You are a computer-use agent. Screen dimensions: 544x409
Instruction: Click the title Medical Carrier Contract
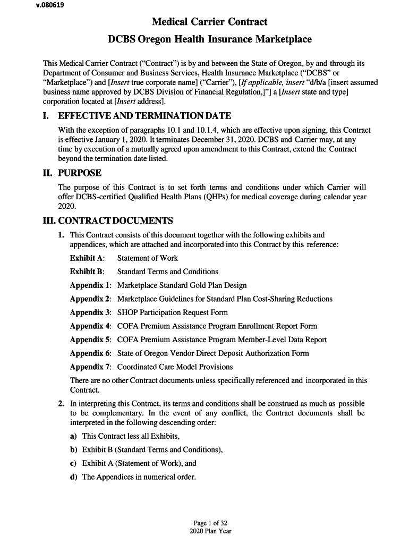tap(209, 22)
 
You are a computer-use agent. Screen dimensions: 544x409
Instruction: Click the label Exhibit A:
tap(88, 258)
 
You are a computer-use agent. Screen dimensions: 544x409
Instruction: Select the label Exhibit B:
tap(87, 271)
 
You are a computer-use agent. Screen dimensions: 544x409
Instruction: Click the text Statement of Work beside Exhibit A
tap(148, 258)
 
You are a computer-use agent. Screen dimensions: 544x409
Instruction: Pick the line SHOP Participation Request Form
tap(172, 312)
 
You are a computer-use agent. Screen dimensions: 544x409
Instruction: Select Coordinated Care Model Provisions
tap(175, 367)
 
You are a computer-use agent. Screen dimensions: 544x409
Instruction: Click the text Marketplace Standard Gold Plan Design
tap(182, 285)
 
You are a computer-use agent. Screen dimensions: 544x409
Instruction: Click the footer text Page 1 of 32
tap(210, 523)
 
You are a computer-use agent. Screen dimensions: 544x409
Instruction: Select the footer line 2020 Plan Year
tap(210, 531)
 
